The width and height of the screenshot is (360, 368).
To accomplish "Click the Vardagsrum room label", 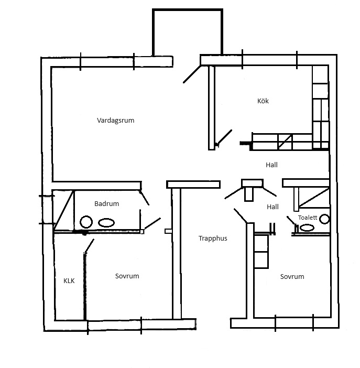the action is pyautogui.click(x=115, y=121).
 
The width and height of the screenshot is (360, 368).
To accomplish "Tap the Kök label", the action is pyautogui.click(x=263, y=101).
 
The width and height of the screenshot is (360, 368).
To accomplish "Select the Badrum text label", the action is pyautogui.click(x=106, y=203).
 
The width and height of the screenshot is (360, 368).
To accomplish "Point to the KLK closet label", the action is pyautogui.click(x=69, y=280).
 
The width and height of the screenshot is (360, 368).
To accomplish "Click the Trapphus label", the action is pyautogui.click(x=213, y=239).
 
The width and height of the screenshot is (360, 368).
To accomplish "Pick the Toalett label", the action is pyautogui.click(x=308, y=218).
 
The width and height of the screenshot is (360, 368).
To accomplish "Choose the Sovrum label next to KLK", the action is pyautogui.click(x=127, y=276).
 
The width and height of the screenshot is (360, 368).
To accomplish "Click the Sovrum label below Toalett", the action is pyautogui.click(x=292, y=276).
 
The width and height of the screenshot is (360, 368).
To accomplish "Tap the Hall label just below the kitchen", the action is pyautogui.click(x=271, y=165).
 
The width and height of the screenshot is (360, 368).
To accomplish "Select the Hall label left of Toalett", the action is pyautogui.click(x=272, y=207).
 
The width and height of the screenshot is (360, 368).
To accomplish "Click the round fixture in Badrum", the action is pyautogui.click(x=86, y=222).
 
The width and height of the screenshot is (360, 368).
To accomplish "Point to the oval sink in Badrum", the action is pyautogui.click(x=106, y=223).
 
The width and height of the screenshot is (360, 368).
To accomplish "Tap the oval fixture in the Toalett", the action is pyautogui.click(x=307, y=228).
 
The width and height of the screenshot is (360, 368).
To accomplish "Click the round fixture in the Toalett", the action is pyautogui.click(x=325, y=219).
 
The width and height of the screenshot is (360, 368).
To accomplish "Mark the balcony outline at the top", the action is pyautogui.click(x=187, y=10).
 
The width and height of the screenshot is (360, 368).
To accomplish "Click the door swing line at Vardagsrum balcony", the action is pyautogui.click(x=192, y=74).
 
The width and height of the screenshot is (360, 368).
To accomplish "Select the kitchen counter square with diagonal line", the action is pyautogui.click(x=285, y=142).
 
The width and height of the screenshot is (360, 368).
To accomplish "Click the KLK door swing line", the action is pyautogui.click(x=89, y=246).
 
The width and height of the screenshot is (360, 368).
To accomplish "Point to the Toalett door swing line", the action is pyautogui.click(x=291, y=221).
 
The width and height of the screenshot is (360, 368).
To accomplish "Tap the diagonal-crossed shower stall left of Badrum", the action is pyautogui.click(x=63, y=210).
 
